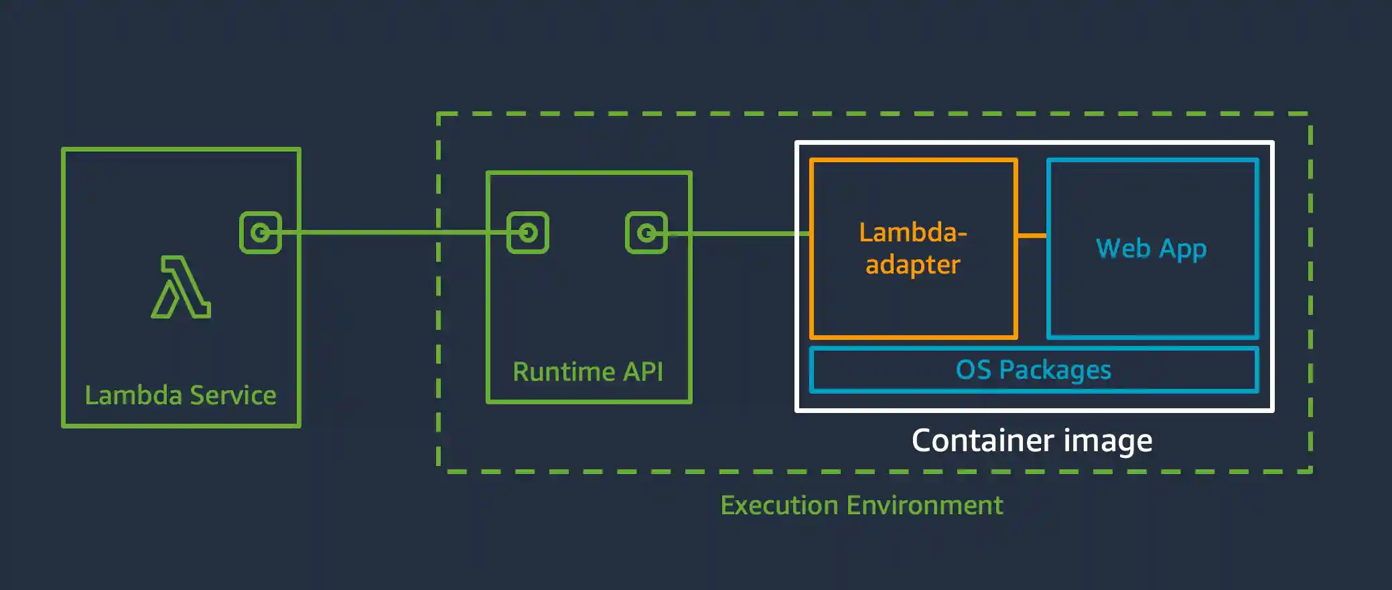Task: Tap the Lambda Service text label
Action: point(180,396)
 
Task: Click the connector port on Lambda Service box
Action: point(261,233)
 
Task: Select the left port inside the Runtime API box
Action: point(528,233)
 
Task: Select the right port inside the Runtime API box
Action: point(646,233)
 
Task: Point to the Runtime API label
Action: point(587,371)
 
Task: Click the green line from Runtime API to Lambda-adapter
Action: point(737,233)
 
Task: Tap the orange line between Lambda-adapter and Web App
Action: point(1032,235)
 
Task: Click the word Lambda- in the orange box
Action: point(913,233)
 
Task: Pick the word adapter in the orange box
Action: point(913,265)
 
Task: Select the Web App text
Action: point(1151,249)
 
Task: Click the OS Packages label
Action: point(1033,370)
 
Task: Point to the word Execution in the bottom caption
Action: point(779,506)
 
